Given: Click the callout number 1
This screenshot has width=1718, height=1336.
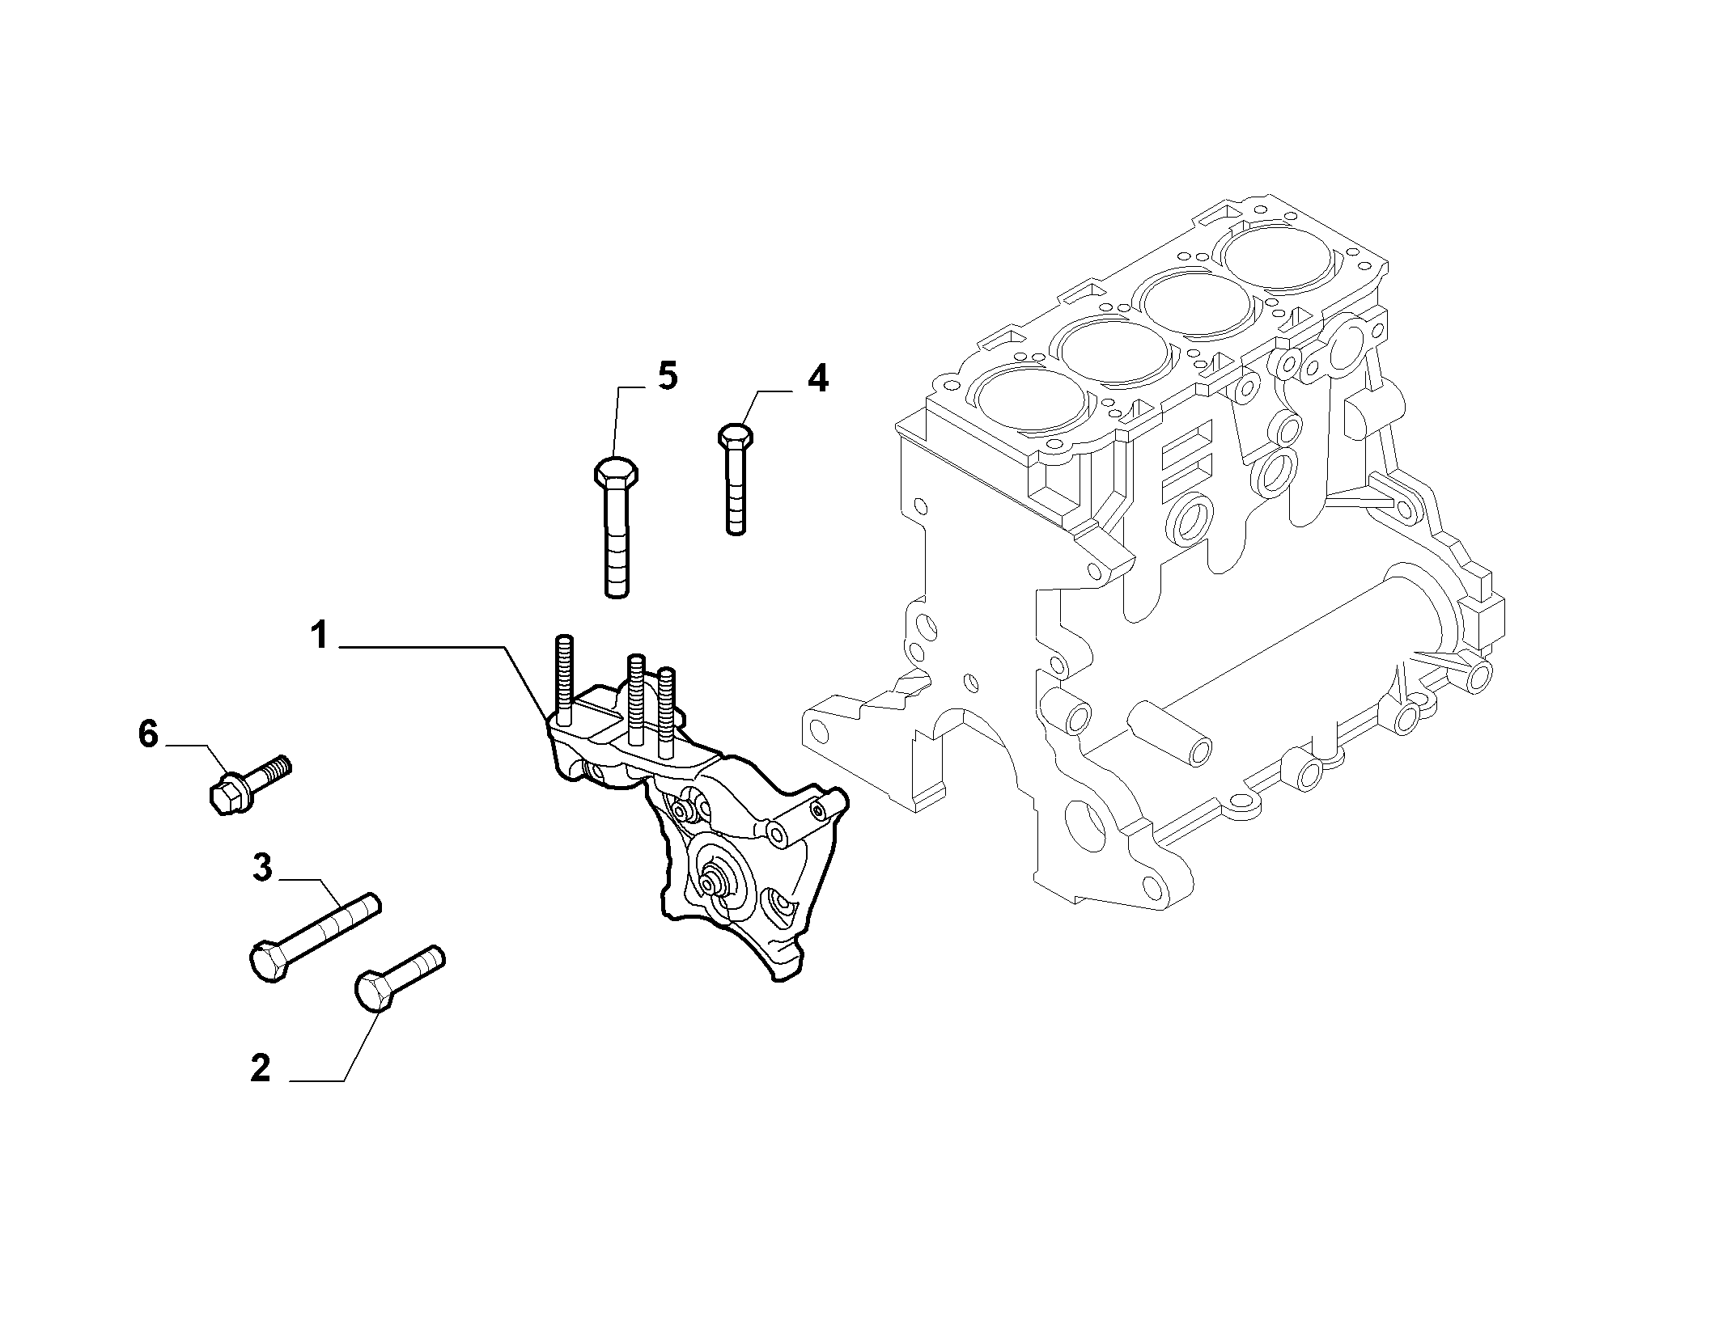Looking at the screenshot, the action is coord(320,636).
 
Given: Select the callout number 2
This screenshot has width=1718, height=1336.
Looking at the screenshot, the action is coord(260,1068).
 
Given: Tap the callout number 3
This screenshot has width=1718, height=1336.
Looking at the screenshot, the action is coord(261,868).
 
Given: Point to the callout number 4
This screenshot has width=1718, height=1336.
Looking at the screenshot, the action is coord(818,378).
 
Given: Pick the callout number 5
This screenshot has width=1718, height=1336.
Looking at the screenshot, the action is coord(668,377).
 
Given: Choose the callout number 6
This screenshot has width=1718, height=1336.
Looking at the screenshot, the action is coord(147,735).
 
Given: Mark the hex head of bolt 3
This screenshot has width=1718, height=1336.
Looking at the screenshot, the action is coord(267,962).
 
